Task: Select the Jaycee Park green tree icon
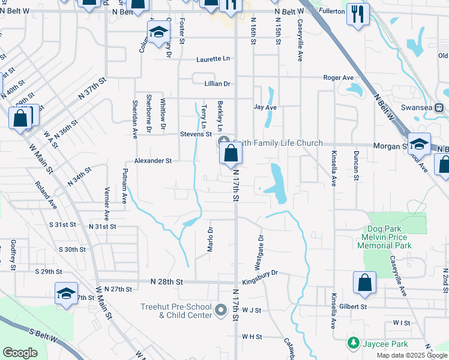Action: pyautogui.click(x=354, y=343)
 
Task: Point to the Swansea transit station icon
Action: pyautogui.click(x=439, y=107)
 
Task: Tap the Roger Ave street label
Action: pyautogui.click(x=339, y=78)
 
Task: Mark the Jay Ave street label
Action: pyautogui.click(x=265, y=107)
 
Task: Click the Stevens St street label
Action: pyautogui.click(x=196, y=134)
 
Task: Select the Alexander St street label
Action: pyautogui.click(x=153, y=161)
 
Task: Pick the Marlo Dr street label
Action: pyautogui.click(x=211, y=239)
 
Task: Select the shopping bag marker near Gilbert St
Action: pyautogui.click(x=364, y=283)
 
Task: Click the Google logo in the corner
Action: pyautogui.click(x=20, y=352)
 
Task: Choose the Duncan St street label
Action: pyautogui.click(x=356, y=169)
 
